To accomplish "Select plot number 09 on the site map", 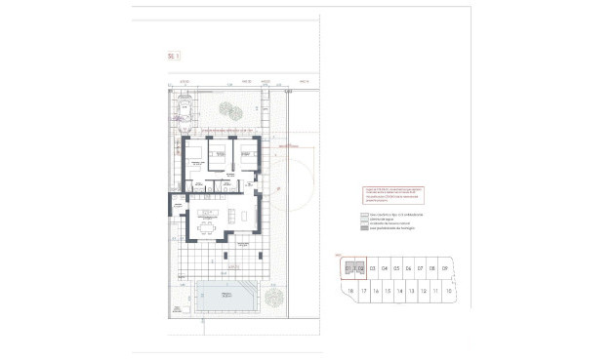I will tap(445, 268).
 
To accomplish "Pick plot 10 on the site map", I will tap(447, 291).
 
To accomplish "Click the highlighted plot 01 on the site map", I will tap(348, 268).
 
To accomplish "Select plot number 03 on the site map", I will tap(372, 268).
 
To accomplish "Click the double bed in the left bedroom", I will tap(194, 153).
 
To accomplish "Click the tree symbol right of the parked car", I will tap(226, 109).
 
